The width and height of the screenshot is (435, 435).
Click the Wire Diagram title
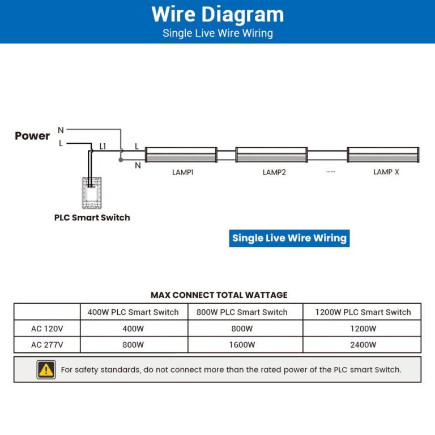(x=217, y=14)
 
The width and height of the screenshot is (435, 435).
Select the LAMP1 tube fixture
(x=181, y=155)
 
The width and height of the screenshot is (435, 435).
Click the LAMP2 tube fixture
(x=272, y=155)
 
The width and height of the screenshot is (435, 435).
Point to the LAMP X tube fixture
(x=383, y=155)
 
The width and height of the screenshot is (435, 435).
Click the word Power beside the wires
(x=32, y=136)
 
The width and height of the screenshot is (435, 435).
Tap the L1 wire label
(x=103, y=146)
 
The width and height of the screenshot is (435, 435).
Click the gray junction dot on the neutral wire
(x=120, y=160)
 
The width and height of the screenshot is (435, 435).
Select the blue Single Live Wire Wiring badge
(x=289, y=238)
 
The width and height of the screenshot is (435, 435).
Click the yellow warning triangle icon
(x=46, y=369)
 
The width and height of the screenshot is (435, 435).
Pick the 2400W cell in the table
(x=363, y=344)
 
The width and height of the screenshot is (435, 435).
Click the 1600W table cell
(x=242, y=344)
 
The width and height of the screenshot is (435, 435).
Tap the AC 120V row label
(x=47, y=329)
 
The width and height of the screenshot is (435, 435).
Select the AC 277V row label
(x=47, y=344)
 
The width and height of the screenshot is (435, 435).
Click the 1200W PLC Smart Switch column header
(x=363, y=312)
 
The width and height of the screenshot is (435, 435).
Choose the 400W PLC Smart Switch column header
(x=133, y=312)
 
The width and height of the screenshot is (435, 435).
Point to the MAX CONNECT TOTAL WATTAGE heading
(x=219, y=295)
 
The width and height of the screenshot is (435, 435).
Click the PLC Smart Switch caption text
(x=92, y=217)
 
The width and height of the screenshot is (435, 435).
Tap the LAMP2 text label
(x=274, y=172)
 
